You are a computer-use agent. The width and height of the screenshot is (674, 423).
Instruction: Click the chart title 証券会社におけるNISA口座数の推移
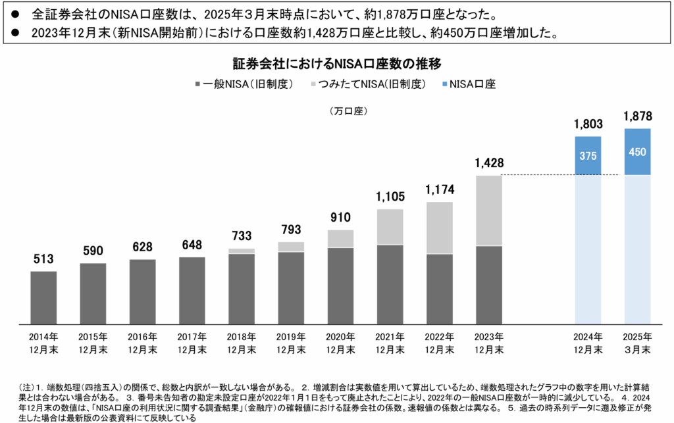point(336,64)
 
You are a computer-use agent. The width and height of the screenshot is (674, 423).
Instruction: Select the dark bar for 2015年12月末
point(93,293)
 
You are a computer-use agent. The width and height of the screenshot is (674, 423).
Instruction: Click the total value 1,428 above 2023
point(488,162)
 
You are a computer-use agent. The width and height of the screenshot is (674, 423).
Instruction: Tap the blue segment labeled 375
point(588,156)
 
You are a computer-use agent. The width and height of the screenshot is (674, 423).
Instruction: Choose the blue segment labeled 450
point(637,152)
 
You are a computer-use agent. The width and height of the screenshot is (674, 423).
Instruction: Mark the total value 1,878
point(637,116)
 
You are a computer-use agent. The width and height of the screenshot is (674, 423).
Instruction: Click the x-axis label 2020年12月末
point(340,343)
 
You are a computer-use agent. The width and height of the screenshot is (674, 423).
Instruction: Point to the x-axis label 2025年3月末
point(637,343)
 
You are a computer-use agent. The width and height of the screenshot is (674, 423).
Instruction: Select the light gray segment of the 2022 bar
point(439,228)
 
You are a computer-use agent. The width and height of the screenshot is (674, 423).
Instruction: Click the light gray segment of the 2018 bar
point(242,251)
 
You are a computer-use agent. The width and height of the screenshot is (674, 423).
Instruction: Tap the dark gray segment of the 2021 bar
point(390,284)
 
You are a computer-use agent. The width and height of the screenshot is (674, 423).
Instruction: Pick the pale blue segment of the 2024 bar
point(588,249)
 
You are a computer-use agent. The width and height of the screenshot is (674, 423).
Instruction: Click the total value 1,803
point(588,124)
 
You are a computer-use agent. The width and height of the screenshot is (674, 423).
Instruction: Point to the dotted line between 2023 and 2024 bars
point(559,175)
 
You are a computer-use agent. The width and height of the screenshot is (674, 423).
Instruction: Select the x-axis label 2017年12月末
point(192,343)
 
